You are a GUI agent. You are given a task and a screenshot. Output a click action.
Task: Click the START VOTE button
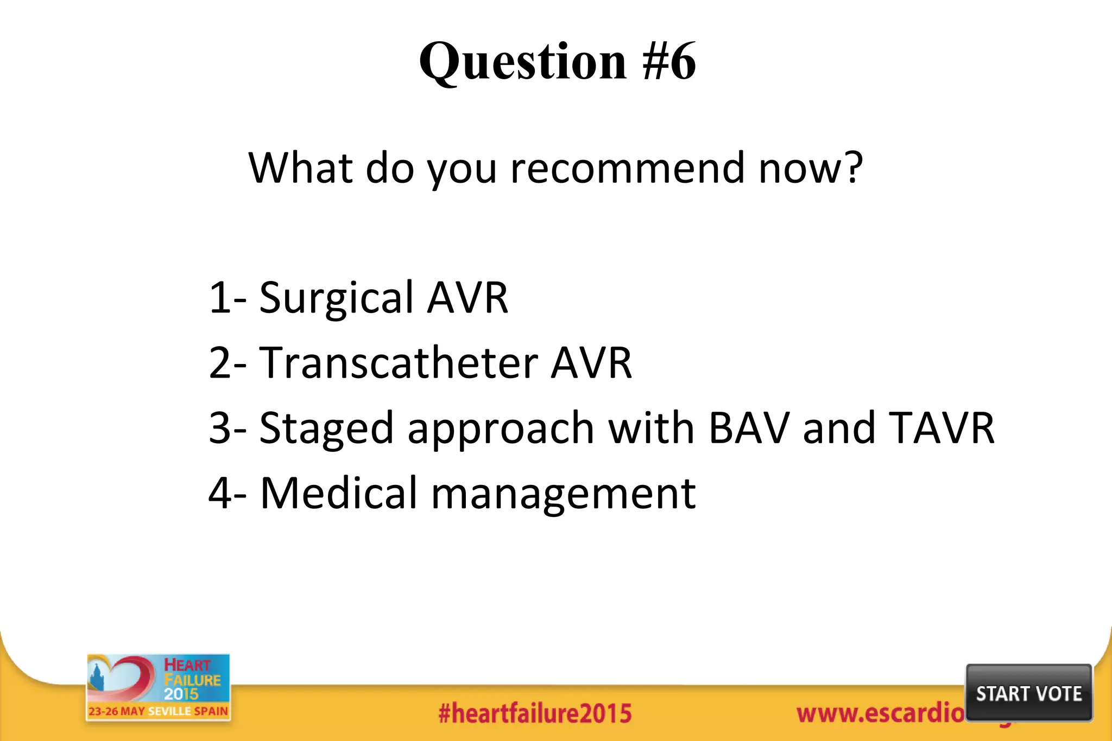tap(1028, 693)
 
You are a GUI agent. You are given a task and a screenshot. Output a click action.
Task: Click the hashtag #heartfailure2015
tap(535, 713)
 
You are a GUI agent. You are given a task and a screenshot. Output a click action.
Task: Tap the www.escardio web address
tap(880, 713)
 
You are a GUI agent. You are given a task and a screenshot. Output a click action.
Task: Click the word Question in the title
tap(522, 61)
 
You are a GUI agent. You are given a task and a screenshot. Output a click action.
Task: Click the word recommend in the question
tap(627, 168)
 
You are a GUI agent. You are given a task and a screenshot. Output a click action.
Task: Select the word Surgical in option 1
tap(337, 298)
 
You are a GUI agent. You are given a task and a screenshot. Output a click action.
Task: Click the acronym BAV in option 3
tap(749, 428)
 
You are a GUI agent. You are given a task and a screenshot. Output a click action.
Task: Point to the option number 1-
tap(228, 298)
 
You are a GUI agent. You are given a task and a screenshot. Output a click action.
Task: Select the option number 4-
tap(228, 493)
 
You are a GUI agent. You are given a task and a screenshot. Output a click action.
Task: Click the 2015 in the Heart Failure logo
tap(181, 694)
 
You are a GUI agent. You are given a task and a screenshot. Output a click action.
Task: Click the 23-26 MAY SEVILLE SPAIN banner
tap(158, 711)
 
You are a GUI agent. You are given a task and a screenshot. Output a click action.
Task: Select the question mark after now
tap(853, 168)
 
